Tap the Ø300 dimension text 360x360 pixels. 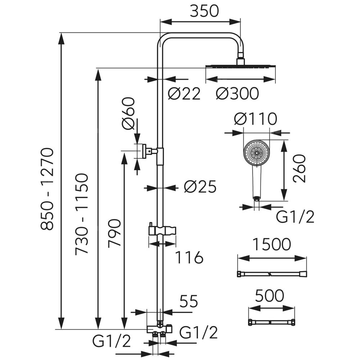237,94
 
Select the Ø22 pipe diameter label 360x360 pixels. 184,94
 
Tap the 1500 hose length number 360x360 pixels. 271,245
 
